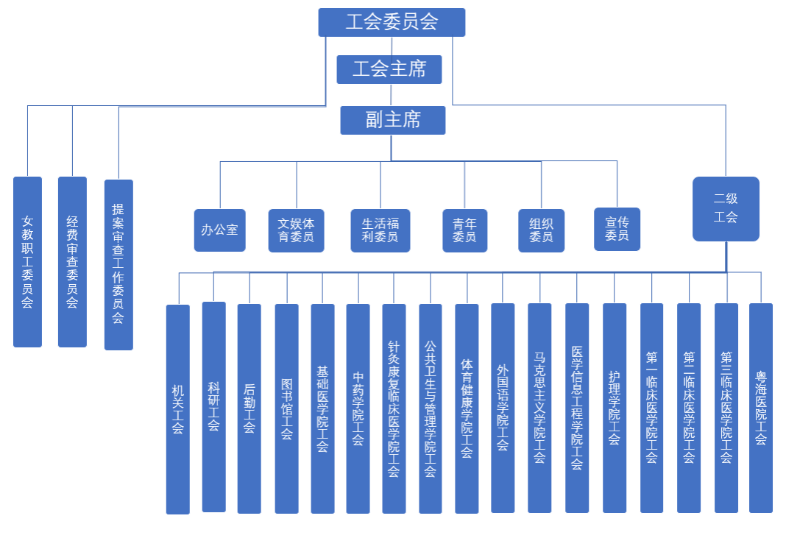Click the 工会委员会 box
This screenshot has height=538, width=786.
pyautogui.click(x=392, y=22)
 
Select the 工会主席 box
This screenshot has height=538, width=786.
pyautogui.click(x=389, y=69)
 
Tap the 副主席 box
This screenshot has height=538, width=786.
pyautogui.click(x=392, y=120)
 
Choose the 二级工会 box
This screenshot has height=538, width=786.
pyautogui.click(x=726, y=208)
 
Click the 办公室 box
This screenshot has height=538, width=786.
pyautogui.click(x=219, y=230)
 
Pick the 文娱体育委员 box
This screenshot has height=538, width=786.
pyautogui.click(x=296, y=230)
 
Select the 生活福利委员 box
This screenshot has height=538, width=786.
pyautogui.click(x=380, y=230)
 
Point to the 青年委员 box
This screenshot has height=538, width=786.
pyautogui.click(x=464, y=230)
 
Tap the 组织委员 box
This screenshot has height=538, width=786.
pyautogui.click(x=541, y=230)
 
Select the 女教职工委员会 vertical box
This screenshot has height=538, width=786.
pyautogui.click(x=27, y=261)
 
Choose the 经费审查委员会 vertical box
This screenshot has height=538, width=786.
pyautogui.click(x=72, y=261)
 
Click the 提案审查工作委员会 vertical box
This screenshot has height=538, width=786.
pyautogui.click(x=118, y=263)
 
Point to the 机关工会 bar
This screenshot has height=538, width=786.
pyautogui.click(x=177, y=408)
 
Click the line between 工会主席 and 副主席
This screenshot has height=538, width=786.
pyautogui.click(x=391, y=95)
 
